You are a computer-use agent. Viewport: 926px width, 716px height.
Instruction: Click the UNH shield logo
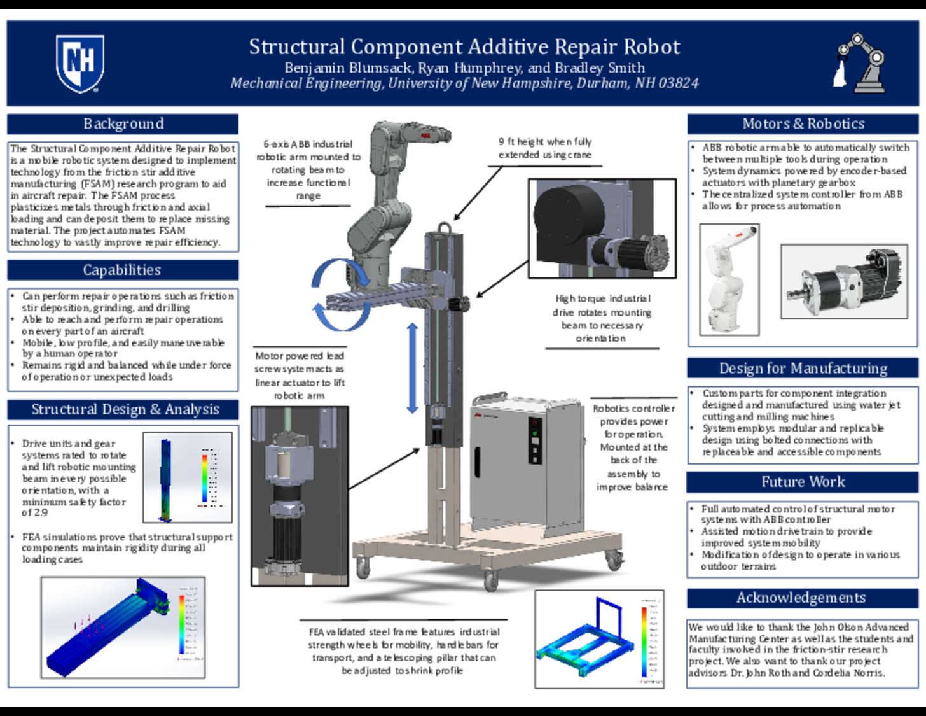(80, 64)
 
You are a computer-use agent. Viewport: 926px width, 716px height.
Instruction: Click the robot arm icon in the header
(860, 64)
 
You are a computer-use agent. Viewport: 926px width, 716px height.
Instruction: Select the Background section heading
(123, 123)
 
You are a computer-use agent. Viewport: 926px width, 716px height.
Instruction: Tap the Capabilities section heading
(123, 270)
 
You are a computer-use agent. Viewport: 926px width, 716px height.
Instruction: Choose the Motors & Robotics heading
(803, 123)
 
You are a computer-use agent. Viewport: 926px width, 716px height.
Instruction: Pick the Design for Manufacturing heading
(803, 369)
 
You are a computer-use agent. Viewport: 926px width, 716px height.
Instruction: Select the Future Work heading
(803, 482)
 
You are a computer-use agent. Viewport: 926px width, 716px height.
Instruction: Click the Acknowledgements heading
(801, 598)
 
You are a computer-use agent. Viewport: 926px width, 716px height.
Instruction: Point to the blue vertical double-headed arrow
(412, 368)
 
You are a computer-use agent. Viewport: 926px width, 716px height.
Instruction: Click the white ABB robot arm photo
(729, 279)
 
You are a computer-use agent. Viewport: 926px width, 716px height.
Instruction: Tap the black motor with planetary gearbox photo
(844, 282)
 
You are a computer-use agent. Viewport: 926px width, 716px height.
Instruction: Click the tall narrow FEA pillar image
(187, 477)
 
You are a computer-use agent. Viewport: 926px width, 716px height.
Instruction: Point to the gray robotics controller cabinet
(527, 465)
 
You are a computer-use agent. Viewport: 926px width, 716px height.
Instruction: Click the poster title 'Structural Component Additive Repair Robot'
(464, 47)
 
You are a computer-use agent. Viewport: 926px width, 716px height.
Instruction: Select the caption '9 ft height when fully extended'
(544, 148)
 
